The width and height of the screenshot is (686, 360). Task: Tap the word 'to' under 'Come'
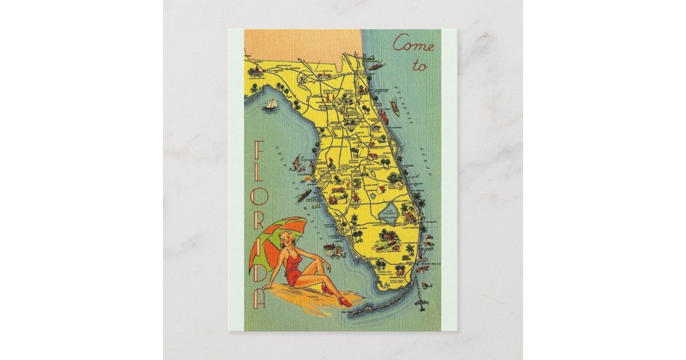tap(420, 66)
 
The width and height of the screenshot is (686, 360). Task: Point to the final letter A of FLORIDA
tap(260, 297)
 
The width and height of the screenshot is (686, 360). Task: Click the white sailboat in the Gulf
tap(271, 105)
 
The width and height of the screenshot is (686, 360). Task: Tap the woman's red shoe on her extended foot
tap(344, 301)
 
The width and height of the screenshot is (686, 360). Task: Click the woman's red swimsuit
tap(294, 269)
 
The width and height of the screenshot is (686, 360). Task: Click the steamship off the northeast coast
tap(376, 66)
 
